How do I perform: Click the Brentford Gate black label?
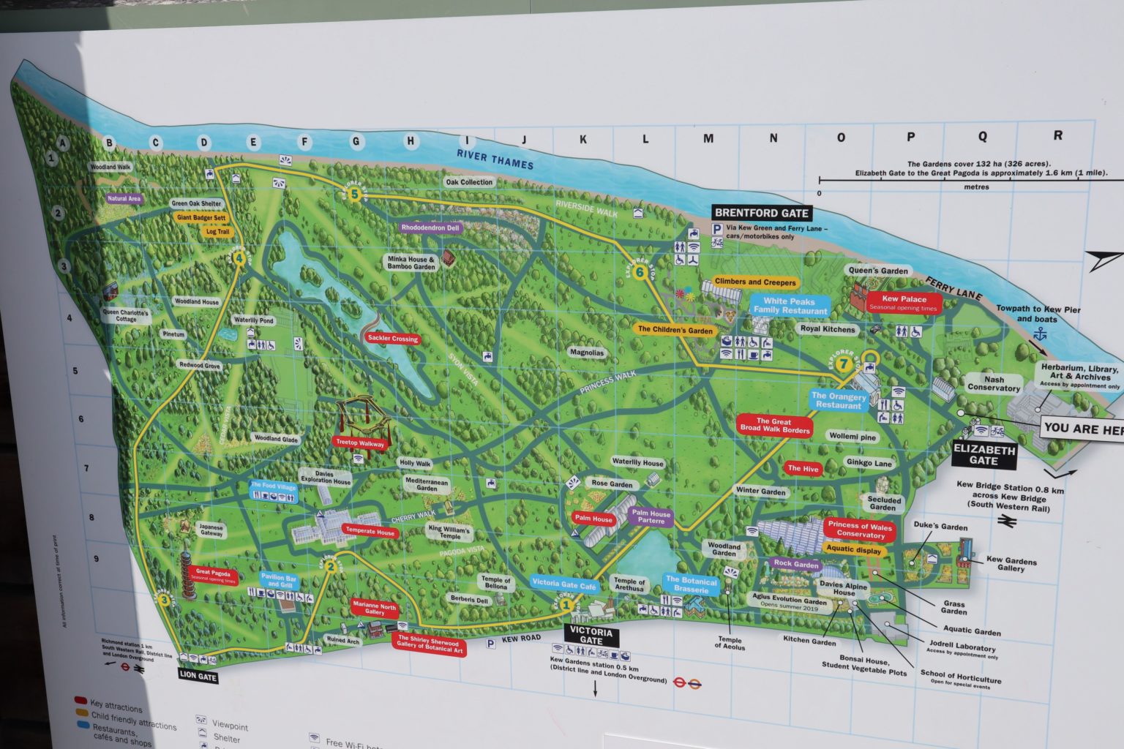click(762, 213)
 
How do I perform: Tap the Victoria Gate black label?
click(591, 636)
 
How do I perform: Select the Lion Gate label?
click(198, 677)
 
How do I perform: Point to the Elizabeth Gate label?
click(983, 455)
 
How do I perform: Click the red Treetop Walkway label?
click(360, 443)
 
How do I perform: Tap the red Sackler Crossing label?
click(393, 339)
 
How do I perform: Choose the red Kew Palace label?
click(904, 302)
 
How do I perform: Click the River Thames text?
click(495, 159)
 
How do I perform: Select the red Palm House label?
click(593, 519)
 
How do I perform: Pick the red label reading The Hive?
click(803, 468)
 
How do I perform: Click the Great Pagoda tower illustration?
click(188, 577)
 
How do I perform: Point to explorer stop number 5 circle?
click(355, 194)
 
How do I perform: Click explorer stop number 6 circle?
click(640, 273)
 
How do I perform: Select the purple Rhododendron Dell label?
click(430, 227)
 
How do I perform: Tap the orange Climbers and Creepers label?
click(754, 282)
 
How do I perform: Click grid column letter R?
click(1057, 135)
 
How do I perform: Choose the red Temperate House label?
click(370, 532)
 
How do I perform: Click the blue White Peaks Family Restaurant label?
click(789, 306)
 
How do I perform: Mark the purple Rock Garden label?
click(796, 564)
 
